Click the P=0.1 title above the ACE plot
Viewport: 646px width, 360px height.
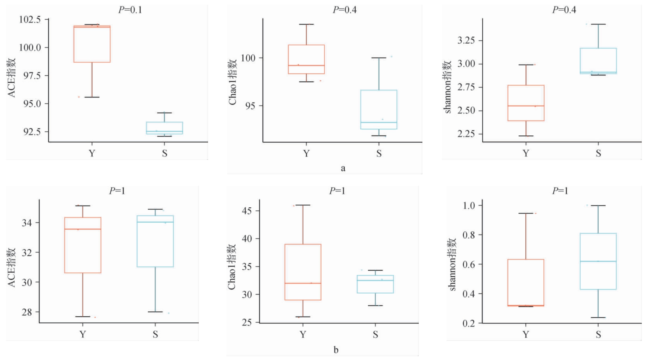click(130, 10)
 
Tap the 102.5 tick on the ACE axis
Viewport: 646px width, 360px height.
click(30, 20)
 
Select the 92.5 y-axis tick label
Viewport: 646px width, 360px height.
click(32, 132)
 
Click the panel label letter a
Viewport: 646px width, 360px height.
click(343, 168)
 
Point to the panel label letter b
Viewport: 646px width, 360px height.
click(336, 350)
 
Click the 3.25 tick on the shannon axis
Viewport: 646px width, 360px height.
click(466, 40)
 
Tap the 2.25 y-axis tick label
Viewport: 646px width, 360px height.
click(466, 134)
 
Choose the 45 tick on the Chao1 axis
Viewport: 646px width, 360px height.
click(247, 211)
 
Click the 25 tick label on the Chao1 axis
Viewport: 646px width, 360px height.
click(247, 322)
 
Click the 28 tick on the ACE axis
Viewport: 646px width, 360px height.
click(27, 312)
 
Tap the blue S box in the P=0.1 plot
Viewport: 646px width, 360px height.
click(164, 128)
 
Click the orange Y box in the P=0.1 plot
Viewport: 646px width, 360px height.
click(92, 44)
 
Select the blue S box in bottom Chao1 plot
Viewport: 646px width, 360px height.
click(375, 284)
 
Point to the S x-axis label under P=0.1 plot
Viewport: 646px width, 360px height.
click(164, 153)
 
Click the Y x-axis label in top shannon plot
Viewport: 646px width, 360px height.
click(526, 153)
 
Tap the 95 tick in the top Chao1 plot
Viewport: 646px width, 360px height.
click(251, 106)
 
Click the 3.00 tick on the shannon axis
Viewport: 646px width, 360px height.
click(466, 64)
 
